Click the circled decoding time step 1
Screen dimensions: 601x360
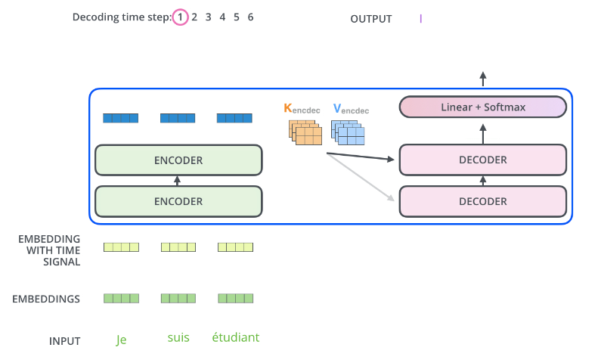(180, 17)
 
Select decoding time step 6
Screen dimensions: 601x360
(250, 17)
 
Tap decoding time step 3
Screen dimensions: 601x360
(208, 17)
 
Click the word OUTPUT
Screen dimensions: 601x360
(371, 19)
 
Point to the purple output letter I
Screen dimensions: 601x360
(421, 18)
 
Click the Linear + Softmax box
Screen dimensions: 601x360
(483, 107)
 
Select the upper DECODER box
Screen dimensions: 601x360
(483, 160)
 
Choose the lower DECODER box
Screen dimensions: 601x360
(483, 201)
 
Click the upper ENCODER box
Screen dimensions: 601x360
(178, 160)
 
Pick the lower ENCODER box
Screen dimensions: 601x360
(178, 201)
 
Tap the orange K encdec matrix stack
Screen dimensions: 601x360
(305, 132)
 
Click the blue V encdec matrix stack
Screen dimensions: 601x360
(348, 132)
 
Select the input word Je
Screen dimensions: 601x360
(121, 340)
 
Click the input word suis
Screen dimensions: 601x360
(178, 337)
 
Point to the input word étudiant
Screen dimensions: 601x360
(236, 337)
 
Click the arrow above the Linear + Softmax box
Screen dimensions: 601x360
(483, 79)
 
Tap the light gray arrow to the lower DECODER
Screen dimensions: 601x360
(361, 177)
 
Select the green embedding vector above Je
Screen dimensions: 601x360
(121, 298)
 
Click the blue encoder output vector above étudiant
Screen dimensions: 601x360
(234, 118)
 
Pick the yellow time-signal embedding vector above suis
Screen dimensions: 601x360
(178, 247)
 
